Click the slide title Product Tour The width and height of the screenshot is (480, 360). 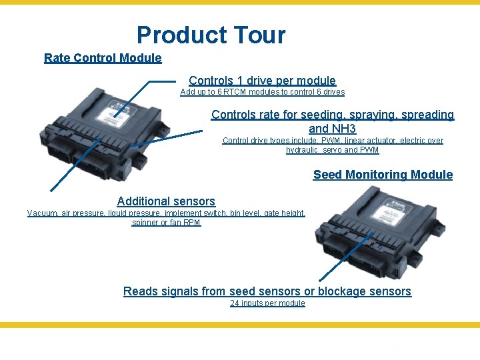211,35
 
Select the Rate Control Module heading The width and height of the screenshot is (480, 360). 103,58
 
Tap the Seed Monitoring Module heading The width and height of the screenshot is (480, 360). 383,175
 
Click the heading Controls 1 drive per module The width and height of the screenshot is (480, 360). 262,81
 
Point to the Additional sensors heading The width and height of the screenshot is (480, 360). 166,201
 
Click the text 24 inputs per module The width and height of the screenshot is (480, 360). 267,303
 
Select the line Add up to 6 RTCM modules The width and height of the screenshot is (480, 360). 262,92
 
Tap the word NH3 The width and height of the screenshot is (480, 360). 343,128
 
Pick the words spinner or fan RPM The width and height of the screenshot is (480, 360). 166,223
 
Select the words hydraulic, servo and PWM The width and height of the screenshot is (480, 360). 333,150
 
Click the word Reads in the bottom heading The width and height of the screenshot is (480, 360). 141,291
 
